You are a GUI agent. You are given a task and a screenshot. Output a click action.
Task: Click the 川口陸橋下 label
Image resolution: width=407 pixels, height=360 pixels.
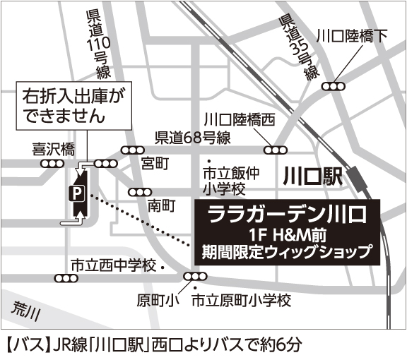352,35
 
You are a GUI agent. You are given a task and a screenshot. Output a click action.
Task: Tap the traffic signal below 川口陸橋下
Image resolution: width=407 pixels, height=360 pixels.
332,86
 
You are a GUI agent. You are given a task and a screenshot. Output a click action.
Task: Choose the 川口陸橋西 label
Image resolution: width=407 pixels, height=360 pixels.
239,119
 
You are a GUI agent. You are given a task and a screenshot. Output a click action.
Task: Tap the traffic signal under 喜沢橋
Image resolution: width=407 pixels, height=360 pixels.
52,163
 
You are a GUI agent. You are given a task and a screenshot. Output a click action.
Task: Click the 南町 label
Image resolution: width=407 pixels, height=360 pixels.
160,206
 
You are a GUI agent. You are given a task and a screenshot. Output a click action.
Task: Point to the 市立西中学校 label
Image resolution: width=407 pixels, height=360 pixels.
112,265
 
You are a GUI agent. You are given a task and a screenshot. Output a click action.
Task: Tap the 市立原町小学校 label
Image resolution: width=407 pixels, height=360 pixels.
242,301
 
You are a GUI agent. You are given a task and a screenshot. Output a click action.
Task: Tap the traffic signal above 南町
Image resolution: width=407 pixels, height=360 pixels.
138,192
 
